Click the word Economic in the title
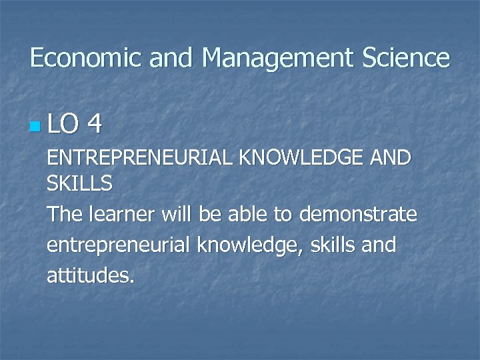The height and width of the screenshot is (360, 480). click(x=87, y=58)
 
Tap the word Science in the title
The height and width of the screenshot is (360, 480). click(x=407, y=58)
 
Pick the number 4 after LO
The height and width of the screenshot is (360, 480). click(x=95, y=123)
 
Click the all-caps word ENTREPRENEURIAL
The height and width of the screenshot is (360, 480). click(x=140, y=158)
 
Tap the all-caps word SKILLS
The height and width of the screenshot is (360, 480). click(x=79, y=183)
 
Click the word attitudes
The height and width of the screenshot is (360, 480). click(x=91, y=275)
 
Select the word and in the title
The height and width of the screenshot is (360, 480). click(x=171, y=58)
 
